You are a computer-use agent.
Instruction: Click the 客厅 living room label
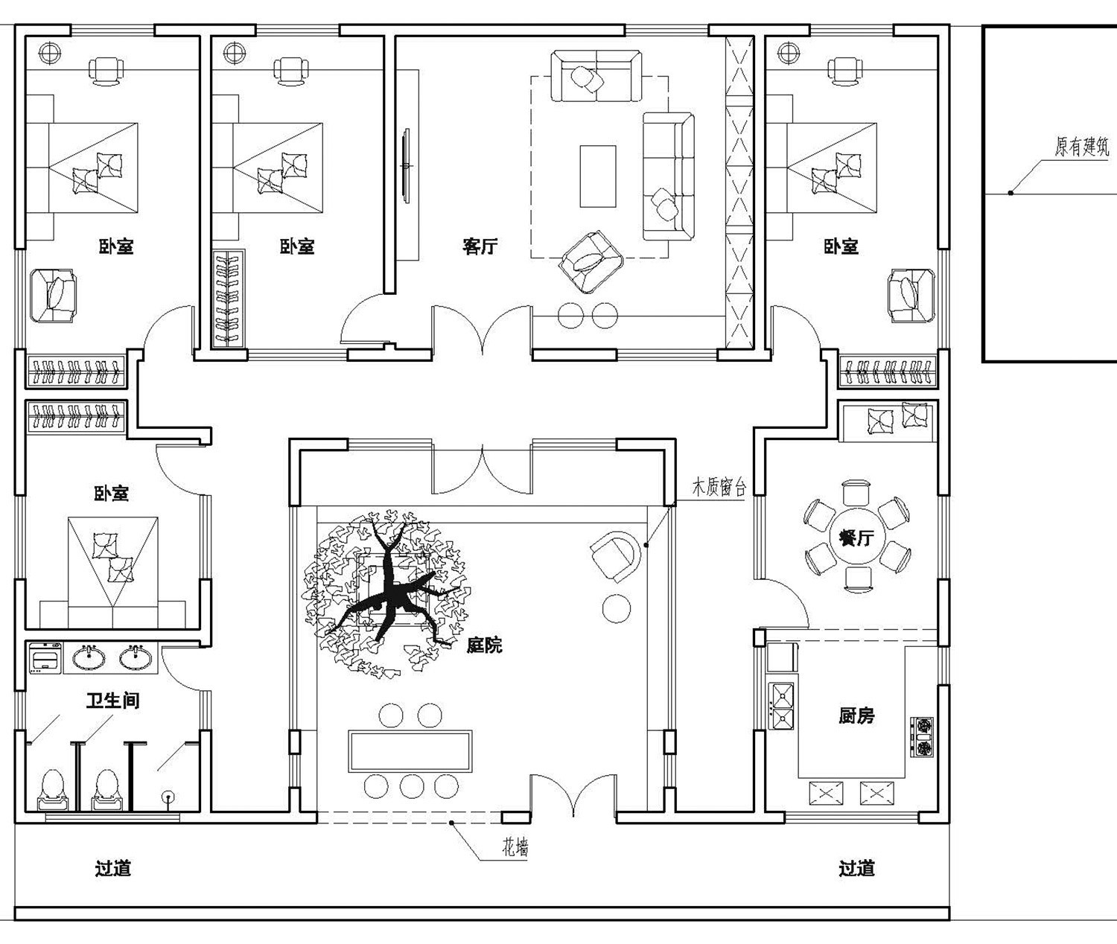480,246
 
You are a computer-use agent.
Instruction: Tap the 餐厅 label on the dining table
855,537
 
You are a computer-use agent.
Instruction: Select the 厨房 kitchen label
856,715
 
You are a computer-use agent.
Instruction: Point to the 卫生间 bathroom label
112,700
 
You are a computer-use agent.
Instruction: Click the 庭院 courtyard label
484,645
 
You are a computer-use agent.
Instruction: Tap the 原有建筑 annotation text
1081,147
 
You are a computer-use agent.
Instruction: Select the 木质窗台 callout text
719,488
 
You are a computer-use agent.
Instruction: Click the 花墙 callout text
514,847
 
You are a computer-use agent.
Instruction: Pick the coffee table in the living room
598,176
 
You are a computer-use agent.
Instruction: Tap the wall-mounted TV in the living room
406,165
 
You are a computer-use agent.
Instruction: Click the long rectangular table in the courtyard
410,750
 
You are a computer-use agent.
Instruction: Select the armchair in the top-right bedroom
911,295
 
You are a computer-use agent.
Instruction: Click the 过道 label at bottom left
113,868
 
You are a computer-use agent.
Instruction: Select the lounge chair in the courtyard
617,555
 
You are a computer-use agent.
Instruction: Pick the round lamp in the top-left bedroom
49,53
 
